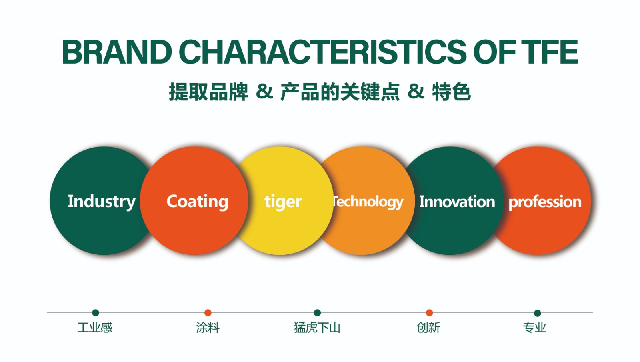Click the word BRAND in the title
click(x=117, y=52)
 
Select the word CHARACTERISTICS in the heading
click(x=323, y=52)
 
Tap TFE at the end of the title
click(x=550, y=52)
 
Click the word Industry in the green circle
click(x=102, y=202)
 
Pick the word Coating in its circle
click(x=198, y=202)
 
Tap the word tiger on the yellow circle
click(x=283, y=202)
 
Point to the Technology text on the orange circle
click(x=368, y=202)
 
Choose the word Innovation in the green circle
click(x=457, y=202)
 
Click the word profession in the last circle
click(x=545, y=202)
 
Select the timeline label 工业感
click(x=95, y=328)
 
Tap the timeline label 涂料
click(x=208, y=328)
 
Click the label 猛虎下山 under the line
click(x=317, y=328)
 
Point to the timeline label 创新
click(x=428, y=328)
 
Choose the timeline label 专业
click(x=534, y=328)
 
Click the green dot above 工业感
click(x=96, y=313)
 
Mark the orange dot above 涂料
click(x=208, y=313)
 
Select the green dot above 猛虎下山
click(x=317, y=313)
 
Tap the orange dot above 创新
click(x=430, y=313)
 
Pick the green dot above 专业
click(x=538, y=313)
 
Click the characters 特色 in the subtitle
click(x=452, y=92)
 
